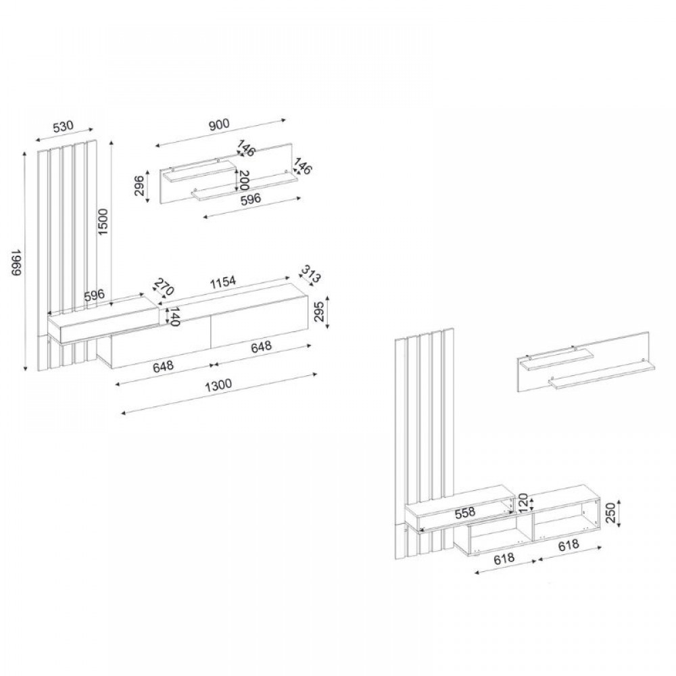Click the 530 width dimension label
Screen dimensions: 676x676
click(x=64, y=126)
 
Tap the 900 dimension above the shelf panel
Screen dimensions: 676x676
click(x=219, y=124)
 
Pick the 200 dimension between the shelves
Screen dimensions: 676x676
click(x=244, y=180)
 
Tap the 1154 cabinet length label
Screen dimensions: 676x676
click(x=223, y=283)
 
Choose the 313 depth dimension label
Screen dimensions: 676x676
click(x=311, y=274)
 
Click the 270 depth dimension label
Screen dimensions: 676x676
click(x=164, y=287)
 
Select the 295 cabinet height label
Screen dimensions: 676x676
click(x=319, y=312)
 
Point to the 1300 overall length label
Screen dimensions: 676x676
click(x=218, y=385)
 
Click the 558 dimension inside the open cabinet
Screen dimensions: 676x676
click(x=465, y=512)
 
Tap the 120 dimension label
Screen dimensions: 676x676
click(x=523, y=503)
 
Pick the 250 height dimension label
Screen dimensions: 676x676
click(x=611, y=513)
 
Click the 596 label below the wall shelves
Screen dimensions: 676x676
click(x=251, y=199)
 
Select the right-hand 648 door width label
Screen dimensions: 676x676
click(x=261, y=347)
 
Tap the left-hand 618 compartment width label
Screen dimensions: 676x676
click(x=504, y=559)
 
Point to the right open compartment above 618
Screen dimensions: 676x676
click(x=564, y=519)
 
